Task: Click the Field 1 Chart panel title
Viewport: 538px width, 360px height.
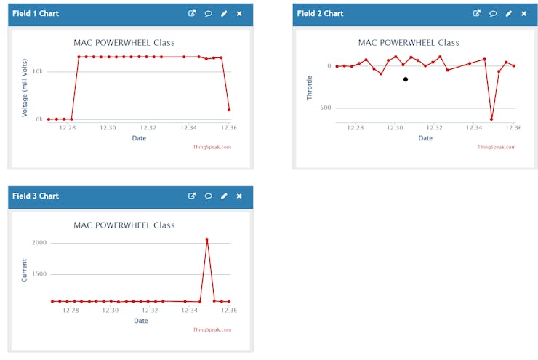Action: click(36, 13)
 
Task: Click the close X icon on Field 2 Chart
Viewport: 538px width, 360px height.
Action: click(524, 13)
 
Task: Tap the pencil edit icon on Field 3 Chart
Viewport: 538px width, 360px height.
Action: click(224, 196)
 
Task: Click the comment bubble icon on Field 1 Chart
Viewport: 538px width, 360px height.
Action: click(208, 13)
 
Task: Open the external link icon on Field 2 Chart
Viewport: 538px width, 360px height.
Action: click(477, 13)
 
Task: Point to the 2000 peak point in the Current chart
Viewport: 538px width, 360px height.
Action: click(207, 239)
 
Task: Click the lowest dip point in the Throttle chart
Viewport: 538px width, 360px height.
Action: click(491, 119)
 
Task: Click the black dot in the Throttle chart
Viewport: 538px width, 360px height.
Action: click(406, 79)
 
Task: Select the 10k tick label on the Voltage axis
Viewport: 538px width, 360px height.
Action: click(37, 71)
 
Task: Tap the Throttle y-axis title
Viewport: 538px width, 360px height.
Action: click(309, 87)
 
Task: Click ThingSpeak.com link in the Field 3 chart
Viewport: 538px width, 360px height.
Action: click(212, 329)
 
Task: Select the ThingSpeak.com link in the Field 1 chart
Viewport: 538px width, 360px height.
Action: click(212, 147)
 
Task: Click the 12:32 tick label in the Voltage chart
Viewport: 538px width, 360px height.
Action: click(149, 128)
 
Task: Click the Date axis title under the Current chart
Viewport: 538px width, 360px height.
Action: click(140, 320)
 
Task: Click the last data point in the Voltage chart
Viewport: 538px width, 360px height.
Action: click(229, 110)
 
